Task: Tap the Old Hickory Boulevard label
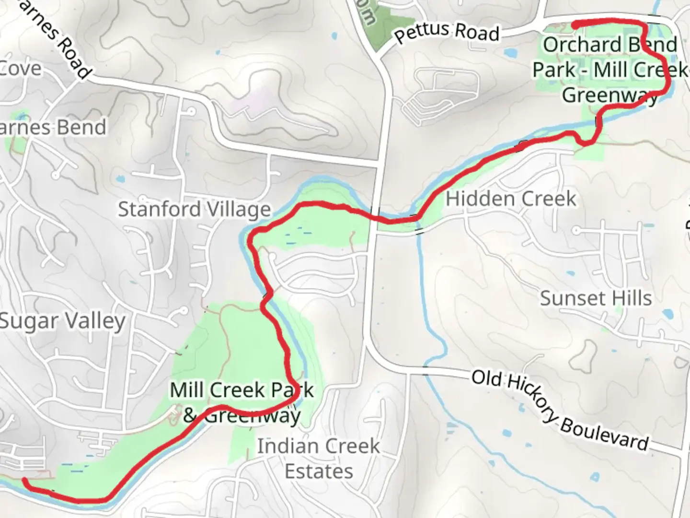point(560,410)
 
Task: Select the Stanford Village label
point(194,210)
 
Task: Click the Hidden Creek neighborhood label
point(511,199)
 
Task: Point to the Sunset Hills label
point(596,298)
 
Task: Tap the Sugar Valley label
point(62,321)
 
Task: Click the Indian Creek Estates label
point(319,459)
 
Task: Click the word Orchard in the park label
point(568,45)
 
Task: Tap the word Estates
point(319,471)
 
